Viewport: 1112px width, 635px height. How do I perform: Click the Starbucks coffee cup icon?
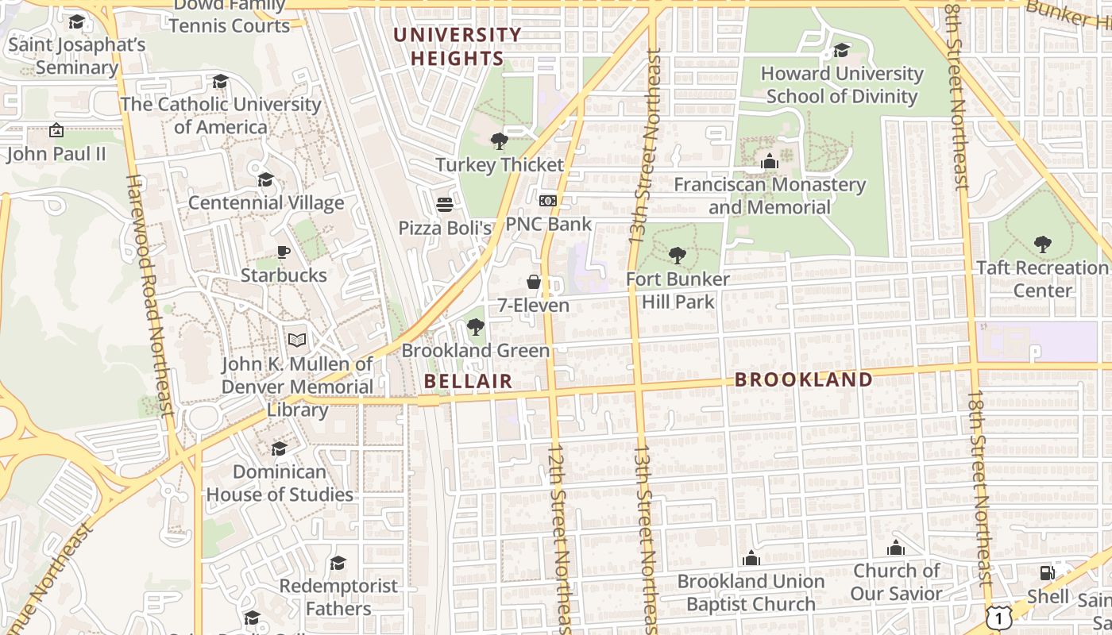tap(284, 252)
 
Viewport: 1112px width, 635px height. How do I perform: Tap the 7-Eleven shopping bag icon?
tap(534, 282)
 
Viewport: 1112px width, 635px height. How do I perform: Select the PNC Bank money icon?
tap(547, 201)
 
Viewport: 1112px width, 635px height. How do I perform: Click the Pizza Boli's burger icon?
tap(445, 205)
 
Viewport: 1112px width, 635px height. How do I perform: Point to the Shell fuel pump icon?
tap(1048, 573)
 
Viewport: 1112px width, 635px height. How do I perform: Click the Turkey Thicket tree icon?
tap(500, 141)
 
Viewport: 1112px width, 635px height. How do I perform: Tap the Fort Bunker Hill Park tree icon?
tap(677, 256)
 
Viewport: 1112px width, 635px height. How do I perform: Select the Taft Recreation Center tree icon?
tap(1043, 244)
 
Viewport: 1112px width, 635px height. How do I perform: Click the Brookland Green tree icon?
tap(475, 327)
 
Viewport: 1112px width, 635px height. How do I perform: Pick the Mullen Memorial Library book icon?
tap(297, 341)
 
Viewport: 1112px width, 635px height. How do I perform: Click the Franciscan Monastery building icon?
tap(769, 161)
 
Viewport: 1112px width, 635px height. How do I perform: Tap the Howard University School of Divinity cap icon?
tap(841, 51)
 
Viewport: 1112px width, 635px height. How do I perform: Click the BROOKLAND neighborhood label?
tap(804, 379)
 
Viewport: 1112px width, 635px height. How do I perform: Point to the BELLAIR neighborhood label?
tap(468, 381)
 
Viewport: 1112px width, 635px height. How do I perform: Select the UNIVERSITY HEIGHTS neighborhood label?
tap(458, 47)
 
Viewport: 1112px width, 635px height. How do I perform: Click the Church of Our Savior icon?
tap(896, 548)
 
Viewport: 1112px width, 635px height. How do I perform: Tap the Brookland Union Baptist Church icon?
tap(751, 558)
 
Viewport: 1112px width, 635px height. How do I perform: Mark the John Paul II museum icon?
tap(56, 130)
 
